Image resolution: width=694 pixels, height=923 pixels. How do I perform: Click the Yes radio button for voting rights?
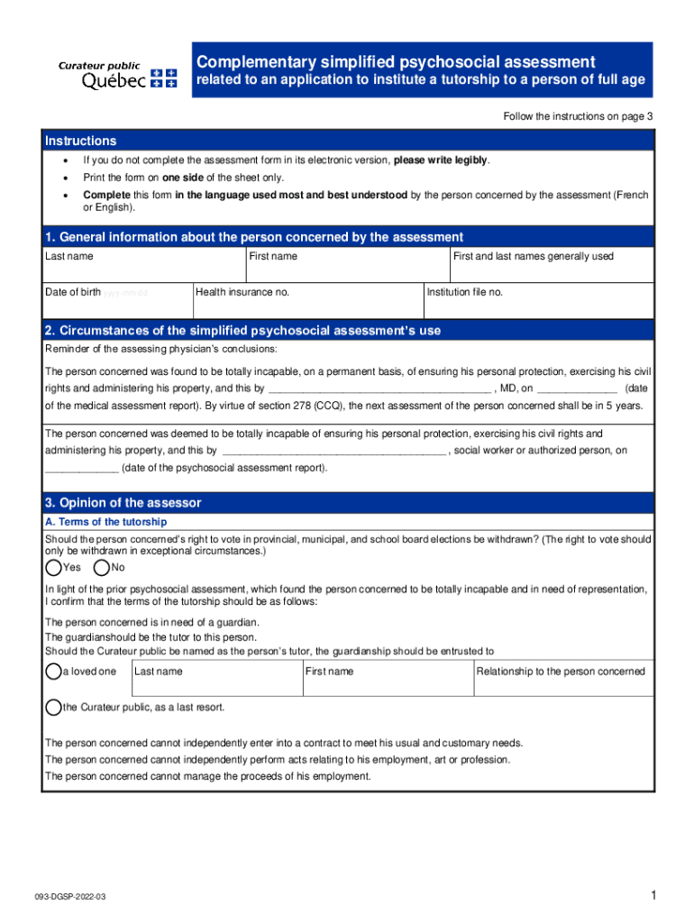tap(53, 568)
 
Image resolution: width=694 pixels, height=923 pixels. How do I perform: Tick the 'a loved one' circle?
tap(53, 672)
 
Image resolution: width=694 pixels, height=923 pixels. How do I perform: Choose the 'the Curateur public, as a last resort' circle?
tap(53, 708)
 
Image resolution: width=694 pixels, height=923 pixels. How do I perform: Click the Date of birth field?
tap(117, 301)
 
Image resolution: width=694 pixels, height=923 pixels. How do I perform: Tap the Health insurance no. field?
tap(307, 301)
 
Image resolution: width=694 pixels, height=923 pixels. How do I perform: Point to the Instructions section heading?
tap(81, 142)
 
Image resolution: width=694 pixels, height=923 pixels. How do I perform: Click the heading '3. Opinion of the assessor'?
tap(123, 503)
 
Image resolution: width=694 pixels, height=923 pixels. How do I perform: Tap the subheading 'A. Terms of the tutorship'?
tap(105, 522)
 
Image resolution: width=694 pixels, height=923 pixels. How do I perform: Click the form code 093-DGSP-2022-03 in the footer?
tap(78, 898)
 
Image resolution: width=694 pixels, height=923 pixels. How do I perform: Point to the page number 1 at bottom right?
tap(650, 895)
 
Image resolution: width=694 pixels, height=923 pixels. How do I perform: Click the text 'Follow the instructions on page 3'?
tap(578, 117)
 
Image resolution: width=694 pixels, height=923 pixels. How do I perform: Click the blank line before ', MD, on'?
tap(379, 388)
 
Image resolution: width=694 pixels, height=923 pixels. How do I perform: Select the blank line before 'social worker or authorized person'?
tap(333, 451)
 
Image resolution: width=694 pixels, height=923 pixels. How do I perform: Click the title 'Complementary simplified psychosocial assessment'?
tap(396, 62)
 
